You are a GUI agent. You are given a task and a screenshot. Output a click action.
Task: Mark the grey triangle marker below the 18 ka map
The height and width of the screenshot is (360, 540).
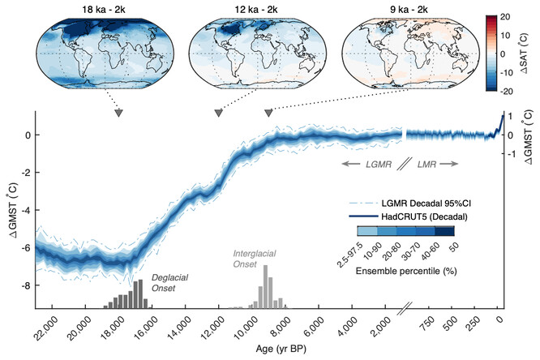pos(119,114)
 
